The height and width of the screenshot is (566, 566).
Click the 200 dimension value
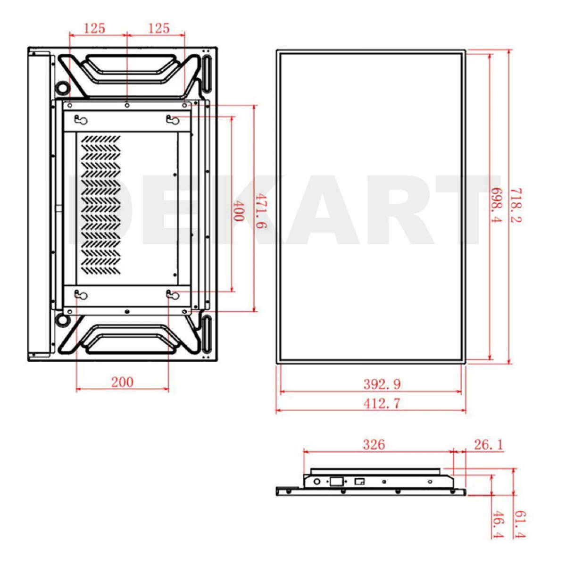[x=122, y=382]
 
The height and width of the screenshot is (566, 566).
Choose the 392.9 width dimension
[x=382, y=384]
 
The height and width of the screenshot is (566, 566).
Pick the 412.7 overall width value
[x=382, y=404]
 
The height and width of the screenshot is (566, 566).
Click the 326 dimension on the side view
[x=374, y=445]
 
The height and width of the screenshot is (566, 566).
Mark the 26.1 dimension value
[x=489, y=445]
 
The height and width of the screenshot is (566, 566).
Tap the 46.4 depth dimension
[x=498, y=524]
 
